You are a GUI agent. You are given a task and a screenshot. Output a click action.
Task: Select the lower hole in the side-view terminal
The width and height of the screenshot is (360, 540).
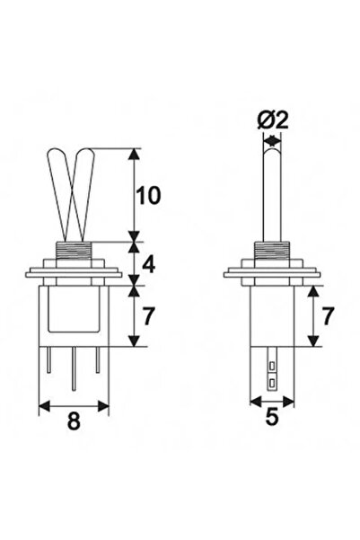(271, 383)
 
